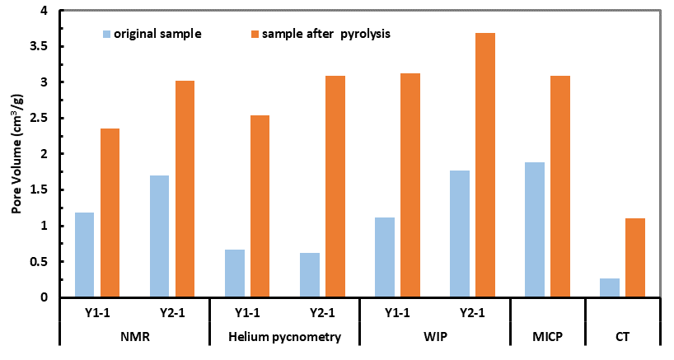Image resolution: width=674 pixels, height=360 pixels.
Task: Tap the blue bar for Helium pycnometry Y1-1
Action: (234, 273)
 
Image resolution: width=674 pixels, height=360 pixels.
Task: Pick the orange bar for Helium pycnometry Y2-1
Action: (335, 186)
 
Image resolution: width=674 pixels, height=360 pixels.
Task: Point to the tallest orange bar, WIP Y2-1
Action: (485, 165)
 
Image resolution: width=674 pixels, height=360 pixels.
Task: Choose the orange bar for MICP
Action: (560, 186)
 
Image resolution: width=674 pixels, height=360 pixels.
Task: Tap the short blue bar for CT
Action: (609, 288)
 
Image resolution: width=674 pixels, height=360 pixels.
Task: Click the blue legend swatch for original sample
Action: (106, 35)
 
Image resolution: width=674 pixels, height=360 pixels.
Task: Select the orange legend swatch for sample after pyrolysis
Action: (255, 35)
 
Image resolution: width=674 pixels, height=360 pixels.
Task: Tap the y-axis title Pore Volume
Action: (16, 155)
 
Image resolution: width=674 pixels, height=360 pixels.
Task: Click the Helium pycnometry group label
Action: (284, 337)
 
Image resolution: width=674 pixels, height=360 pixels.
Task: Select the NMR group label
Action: (134, 337)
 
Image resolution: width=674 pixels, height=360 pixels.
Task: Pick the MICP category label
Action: (547, 337)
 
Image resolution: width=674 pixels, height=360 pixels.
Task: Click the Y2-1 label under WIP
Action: (472, 313)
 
